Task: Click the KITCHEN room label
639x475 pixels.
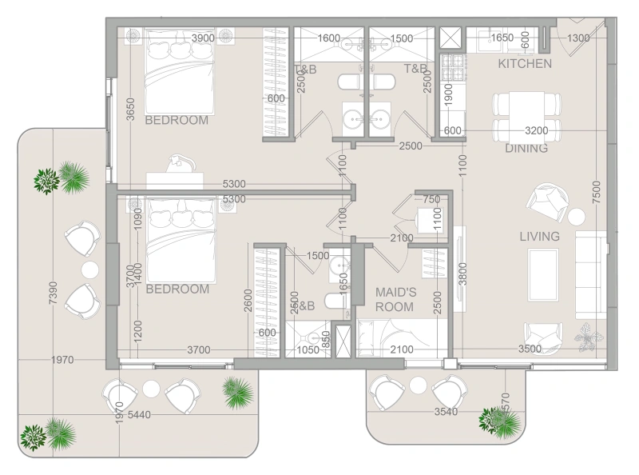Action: click(x=524, y=63)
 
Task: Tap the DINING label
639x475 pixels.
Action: click(x=526, y=148)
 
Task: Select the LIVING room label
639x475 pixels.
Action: click(x=539, y=237)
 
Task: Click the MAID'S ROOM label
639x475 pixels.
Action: click(x=395, y=300)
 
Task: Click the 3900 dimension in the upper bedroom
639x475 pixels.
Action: click(x=204, y=38)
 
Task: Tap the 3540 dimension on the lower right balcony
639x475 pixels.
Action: click(x=448, y=412)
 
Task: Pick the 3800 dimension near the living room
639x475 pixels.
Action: click(x=462, y=277)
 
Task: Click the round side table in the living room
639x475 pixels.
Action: click(x=576, y=215)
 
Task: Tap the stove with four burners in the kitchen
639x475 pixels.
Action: click(x=458, y=64)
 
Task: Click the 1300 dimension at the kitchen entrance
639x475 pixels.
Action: click(x=578, y=38)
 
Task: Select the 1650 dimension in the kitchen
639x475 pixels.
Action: click(x=502, y=38)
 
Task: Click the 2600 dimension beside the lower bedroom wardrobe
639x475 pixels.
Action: click(x=248, y=301)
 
